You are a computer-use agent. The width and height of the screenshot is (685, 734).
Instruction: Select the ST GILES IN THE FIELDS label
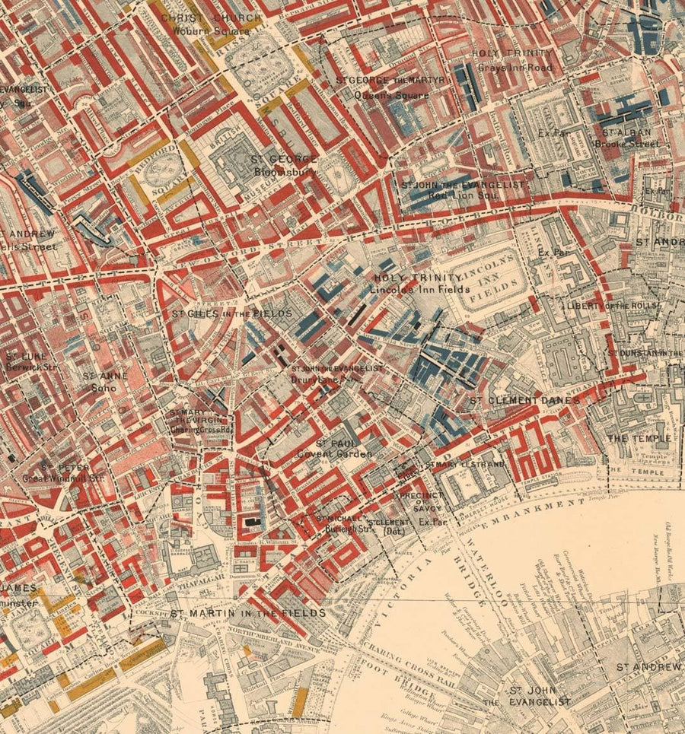point(231,313)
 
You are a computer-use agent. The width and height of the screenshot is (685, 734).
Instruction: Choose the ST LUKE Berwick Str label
point(27,361)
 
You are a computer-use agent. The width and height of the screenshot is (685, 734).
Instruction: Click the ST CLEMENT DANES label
point(524,400)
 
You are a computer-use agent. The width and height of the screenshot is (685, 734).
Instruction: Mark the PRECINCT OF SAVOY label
point(417,501)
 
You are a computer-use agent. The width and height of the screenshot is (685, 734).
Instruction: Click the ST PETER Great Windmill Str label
point(72,473)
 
